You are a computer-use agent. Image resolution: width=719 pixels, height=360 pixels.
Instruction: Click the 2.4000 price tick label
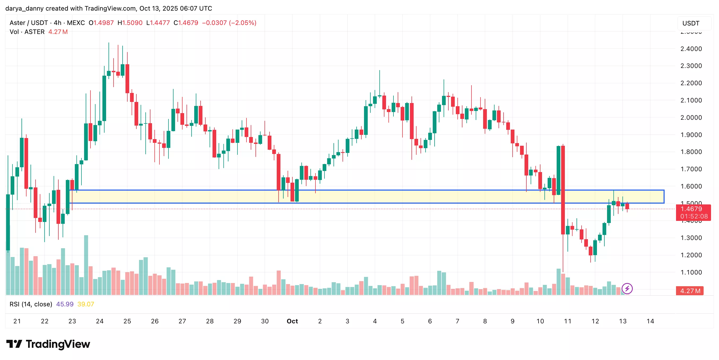coord(691,49)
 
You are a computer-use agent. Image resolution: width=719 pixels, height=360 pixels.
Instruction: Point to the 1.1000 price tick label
coord(691,272)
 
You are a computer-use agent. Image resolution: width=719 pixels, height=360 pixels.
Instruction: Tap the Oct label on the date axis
coord(292,321)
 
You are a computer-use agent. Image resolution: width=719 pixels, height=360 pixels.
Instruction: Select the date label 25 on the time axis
coord(127,321)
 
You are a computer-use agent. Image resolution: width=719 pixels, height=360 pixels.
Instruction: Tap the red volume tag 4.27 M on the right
coord(690,291)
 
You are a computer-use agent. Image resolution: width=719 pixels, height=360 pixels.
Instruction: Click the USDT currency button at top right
coord(691,23)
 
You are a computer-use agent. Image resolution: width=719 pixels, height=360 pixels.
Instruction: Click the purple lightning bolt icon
coord(627,289)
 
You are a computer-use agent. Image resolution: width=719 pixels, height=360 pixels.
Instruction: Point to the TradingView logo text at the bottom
coord(58,344)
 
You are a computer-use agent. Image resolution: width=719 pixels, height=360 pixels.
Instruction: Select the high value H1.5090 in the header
coord(130,23)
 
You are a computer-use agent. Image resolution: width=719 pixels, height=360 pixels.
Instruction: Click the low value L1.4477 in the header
coord(158,23)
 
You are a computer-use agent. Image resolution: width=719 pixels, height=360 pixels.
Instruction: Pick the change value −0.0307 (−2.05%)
coord(229,23)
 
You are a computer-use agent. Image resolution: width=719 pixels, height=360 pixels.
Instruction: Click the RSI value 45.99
coord(65,304)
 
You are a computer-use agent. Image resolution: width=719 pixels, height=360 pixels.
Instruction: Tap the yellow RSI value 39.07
coord(86,304)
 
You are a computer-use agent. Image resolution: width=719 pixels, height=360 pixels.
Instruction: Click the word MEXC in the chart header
coord(76,23)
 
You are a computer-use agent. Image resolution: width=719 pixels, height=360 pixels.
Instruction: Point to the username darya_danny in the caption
coord(24,8)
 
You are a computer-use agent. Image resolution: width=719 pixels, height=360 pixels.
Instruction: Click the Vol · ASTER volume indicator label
coord(27,32)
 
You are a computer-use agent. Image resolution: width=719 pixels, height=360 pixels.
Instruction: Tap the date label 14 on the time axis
coord(650,321)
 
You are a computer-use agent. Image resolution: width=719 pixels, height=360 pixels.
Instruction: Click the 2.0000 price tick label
coord(691,118)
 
